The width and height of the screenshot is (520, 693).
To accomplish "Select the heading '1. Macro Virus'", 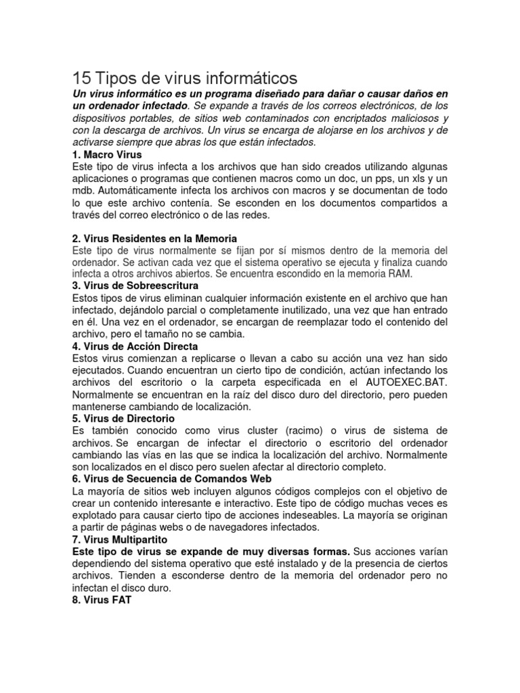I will [106, 154].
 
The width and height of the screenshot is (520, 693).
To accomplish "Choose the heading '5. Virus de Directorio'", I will [123, 418].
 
